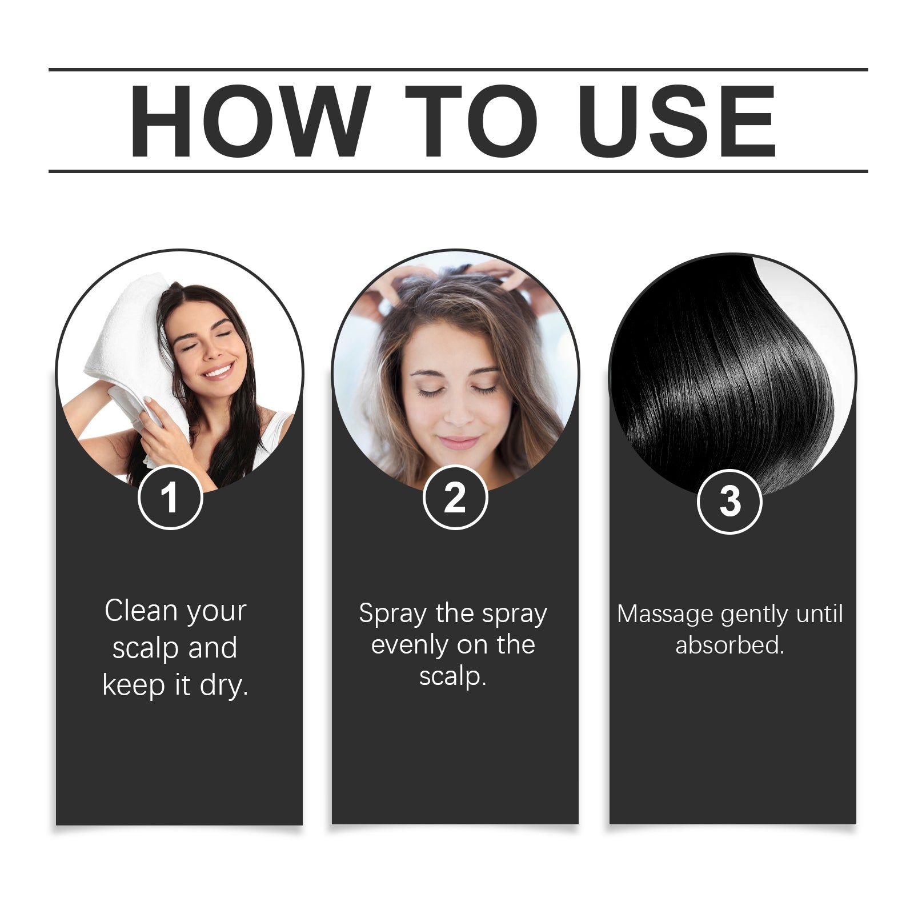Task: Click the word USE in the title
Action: [x=677, y=121]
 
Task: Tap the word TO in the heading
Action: [x=471, y=121]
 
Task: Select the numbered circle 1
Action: [x=170, y=498]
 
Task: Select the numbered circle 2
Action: [x=455, y=498]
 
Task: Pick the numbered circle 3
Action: [x=729, y=502]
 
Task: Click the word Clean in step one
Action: [x=141, y=611]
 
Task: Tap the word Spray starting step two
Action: [x=392, y=614]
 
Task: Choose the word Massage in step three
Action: [x=666, y=615]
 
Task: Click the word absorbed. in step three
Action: [x=729, y=646]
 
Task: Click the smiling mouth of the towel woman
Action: [x=218, y=372]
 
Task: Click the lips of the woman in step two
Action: [x=459, y=442]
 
